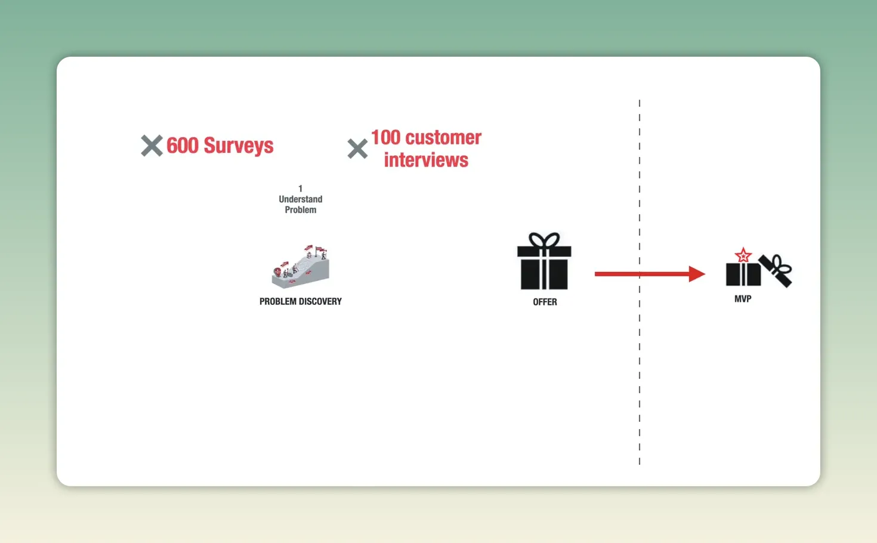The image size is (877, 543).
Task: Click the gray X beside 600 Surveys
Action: [x=152, y=146]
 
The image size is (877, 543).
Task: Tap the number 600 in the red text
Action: [x=183, y=146]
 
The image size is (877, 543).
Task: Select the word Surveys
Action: [x=239, y=146]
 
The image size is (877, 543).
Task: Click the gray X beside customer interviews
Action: [x=357, y=149]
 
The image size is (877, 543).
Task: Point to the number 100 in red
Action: [x=385, y=137]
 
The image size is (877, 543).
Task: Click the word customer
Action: [x=444, y=138]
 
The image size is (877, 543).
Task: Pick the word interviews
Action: [x=426, y=160]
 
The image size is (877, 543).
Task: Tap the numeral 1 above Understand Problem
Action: [x=300, y=189]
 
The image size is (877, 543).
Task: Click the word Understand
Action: [x=301, y=199]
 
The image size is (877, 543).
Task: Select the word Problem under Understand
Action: [x=301, y=210]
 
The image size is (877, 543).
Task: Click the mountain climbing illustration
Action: [x=301, y=267]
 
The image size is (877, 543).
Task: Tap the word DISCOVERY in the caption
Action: [x=320, y=301]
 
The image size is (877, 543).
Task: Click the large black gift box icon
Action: [x=544, y=261]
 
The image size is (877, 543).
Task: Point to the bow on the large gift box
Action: [x=544, y=240]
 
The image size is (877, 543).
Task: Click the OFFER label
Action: [x=545, y=302]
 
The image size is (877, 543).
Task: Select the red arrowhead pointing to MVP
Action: [x=697, y=274]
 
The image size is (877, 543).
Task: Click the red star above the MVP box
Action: [x=743, y=255]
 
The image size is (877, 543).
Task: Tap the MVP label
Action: [x=743, y=299]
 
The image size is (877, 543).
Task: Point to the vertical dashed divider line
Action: [x=640, y=282]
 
